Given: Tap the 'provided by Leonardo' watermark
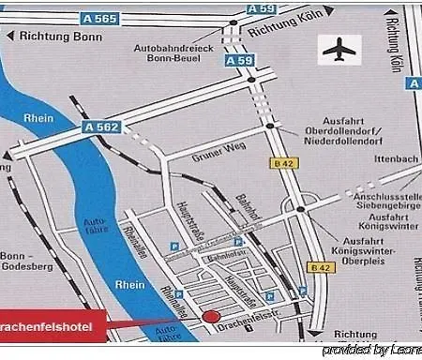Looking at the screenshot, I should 371,351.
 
